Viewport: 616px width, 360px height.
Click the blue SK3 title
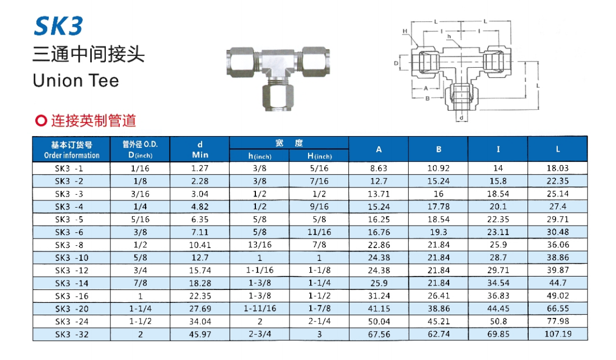(x=59, y=26)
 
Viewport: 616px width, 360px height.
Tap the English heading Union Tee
(x=76, y=81)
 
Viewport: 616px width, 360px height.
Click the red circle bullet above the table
(x=41, y=120)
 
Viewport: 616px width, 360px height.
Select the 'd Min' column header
(x=200, y=149)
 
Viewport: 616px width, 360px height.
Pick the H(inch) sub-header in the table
(x=319, y=156)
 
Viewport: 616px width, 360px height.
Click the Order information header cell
(x=72, y=149)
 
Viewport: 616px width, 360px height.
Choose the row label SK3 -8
(x=69, y=245)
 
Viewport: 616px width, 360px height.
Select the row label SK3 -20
(x=72, y=308)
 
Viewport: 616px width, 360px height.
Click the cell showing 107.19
(x=558, y=334)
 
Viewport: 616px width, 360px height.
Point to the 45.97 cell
(x=200, y=334)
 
